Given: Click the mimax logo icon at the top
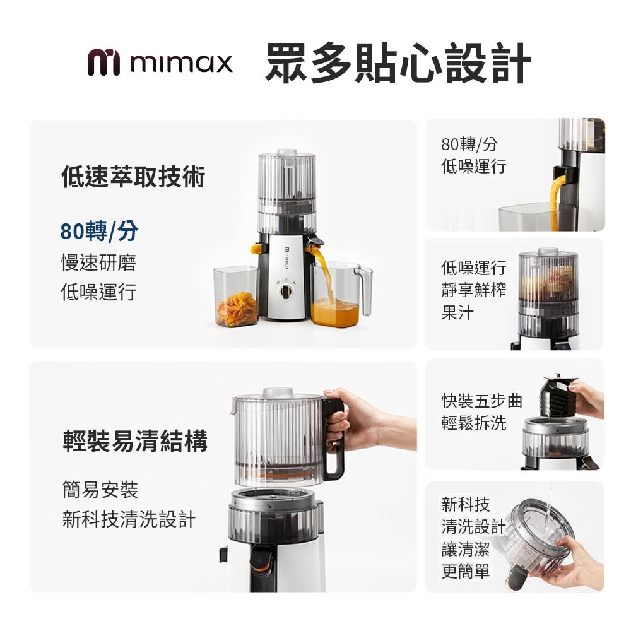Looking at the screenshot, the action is coord(103,62).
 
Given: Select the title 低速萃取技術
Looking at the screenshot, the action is coord(133,177).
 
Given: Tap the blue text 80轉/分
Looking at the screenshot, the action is coord(99,231).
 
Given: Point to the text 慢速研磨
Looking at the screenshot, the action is coord(98,262).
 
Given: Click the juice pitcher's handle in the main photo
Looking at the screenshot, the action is coord(365,290).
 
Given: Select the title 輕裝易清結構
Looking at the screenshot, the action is coord(135,440).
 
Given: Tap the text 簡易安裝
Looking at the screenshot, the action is coord(100,490).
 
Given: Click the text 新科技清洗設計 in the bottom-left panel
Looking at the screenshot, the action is coord(129,519).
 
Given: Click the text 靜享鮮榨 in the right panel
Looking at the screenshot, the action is coord(474,290).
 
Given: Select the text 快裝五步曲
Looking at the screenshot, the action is coord(481,401).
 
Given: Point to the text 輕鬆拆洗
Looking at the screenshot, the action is coord(474,423).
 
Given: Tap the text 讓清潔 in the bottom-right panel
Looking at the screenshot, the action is coord(466,549).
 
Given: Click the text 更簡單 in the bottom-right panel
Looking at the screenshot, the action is coord(466,571).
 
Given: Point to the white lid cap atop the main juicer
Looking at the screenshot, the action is coord(287,152).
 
